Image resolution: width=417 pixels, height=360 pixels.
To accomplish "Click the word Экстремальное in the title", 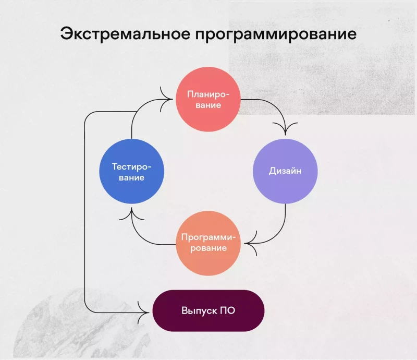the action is click(125, 34).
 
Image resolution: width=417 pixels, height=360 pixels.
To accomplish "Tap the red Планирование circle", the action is click(208, 99).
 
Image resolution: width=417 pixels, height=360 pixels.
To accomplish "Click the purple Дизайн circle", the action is click(285, 171).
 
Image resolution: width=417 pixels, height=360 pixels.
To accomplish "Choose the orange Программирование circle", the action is click(208, 243).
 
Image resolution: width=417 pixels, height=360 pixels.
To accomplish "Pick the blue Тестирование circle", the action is click(132, 171).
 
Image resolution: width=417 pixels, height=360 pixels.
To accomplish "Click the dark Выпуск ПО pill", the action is click(208, 311).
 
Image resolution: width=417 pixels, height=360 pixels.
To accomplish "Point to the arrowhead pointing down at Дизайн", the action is click(285, 129).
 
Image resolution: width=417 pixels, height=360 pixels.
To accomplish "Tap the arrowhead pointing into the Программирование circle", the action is click(251, 243).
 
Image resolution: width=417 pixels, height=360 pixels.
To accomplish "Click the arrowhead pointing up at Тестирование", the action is click(132, 214).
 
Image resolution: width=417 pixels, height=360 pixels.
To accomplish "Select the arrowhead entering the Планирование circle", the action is click(166, 99).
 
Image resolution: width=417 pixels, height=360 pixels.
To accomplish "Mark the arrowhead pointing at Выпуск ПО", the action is click(143, 313).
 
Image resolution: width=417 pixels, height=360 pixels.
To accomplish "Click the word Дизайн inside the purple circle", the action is click(285, 171).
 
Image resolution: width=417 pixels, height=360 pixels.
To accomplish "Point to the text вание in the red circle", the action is click(208, 105).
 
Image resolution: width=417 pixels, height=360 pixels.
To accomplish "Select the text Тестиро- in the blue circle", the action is click(132, 167).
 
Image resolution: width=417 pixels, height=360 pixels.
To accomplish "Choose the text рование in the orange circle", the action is click(208, 248).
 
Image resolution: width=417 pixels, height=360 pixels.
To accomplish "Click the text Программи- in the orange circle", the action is click(208, 237).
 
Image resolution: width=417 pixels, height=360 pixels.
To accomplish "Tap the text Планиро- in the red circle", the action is click(208, 94).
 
